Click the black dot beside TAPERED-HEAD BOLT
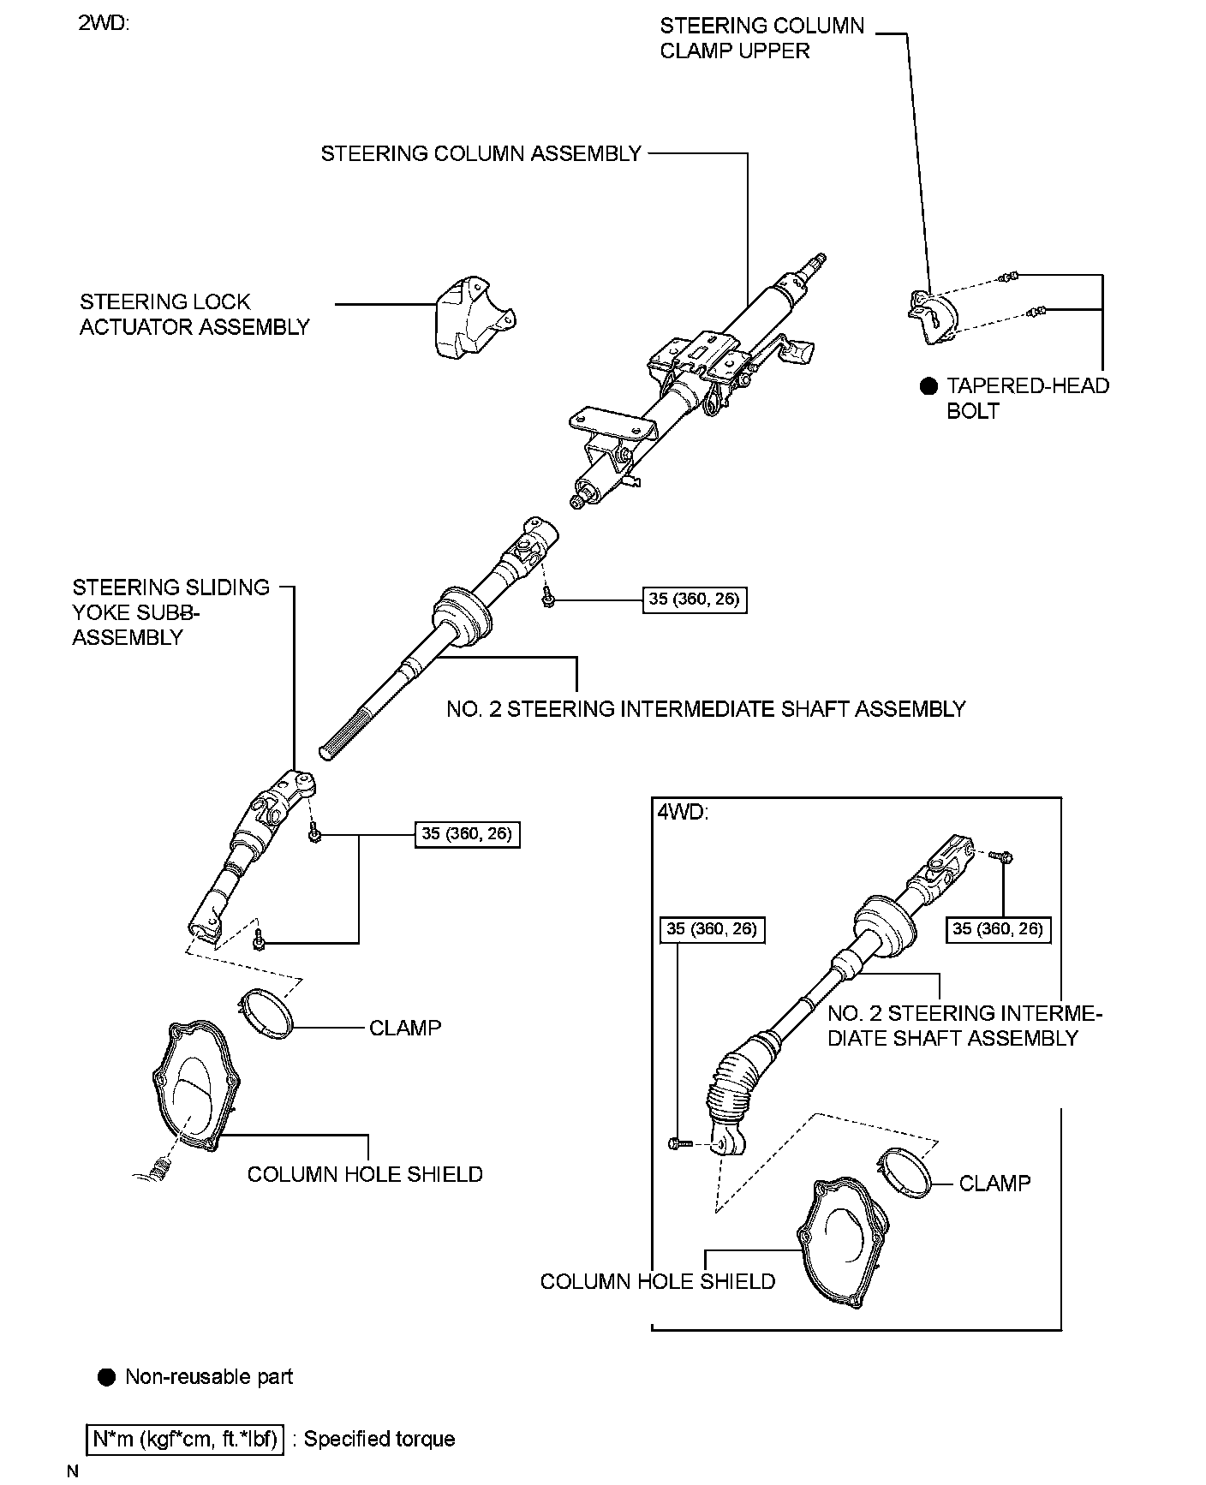(929, 386)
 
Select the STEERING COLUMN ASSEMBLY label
(481, 154)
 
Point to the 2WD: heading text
(104, 23)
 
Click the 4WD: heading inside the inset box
(683, 811)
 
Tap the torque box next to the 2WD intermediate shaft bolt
(693, 599)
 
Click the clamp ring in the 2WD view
(265, 1012)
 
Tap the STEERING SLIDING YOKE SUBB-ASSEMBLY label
(170, 612)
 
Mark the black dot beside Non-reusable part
(107, 1377)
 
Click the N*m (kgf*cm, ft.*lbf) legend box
(185, 1439)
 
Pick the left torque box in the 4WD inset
(712, 929)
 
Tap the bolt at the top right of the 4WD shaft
(1003, 856)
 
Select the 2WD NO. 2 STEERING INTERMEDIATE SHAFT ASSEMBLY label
(706, 709)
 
